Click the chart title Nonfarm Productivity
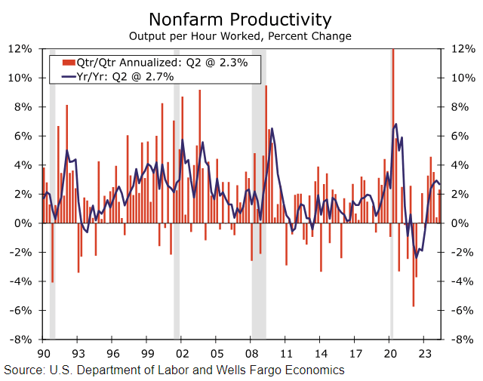[x=240, y=18]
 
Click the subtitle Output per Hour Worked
[x=240, y=35]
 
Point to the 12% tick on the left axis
[x=20, y=48]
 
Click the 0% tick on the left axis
[x=23, y=223]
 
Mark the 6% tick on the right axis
[x=460, y=136]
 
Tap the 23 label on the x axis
[x=424, y=352]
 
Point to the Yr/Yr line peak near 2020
[x=396, y=124]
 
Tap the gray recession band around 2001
[x=177, y=287]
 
